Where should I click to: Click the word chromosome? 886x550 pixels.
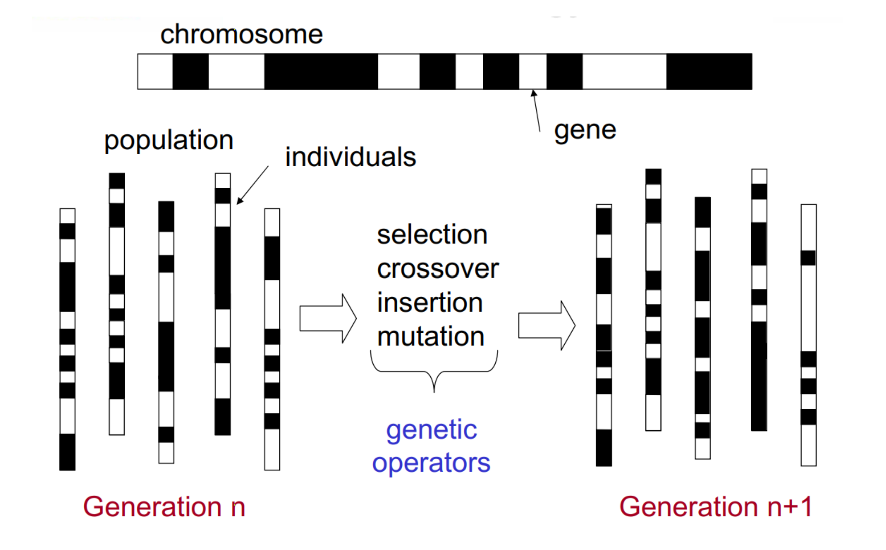pos(242,35)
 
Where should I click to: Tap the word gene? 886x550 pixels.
pos(585,131)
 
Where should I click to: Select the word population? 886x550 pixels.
pos(169,141)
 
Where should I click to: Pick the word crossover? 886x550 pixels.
pos(438,269)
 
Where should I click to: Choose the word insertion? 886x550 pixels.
pos(430,302)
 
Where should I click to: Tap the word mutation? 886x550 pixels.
pos(431,336)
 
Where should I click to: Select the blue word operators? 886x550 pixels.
pos(431,463)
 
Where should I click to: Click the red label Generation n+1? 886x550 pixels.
pos(716,507)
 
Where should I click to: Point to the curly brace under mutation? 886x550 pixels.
pos(434,371)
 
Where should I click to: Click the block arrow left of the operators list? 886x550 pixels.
pos(328,318)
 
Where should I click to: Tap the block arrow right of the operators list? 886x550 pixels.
pos(547,325)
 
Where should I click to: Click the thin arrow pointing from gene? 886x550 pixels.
pos(536,111)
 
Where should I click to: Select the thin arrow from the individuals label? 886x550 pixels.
pos(253,185)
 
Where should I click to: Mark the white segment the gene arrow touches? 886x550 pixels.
pos(533,71)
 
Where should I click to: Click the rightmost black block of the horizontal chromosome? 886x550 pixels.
pos(709,71)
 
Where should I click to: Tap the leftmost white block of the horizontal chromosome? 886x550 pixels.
pos(156,71)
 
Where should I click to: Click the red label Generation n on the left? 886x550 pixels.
pos(164,507)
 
